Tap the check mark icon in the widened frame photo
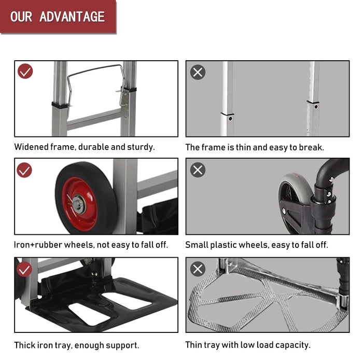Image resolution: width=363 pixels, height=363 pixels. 25,72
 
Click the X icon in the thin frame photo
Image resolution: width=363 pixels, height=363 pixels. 198,72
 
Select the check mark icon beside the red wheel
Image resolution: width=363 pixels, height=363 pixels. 24,170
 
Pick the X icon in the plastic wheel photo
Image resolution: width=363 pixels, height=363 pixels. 198,170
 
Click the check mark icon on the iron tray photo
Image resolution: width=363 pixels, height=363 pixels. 24,269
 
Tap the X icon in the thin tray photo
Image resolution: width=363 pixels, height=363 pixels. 198,269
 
